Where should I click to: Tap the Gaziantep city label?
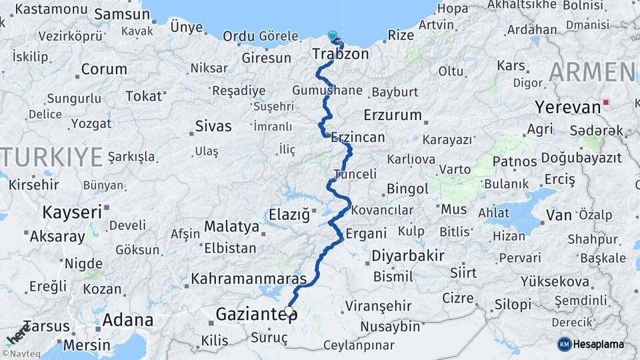tap(256, 314)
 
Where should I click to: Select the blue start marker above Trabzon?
tap(333, 35)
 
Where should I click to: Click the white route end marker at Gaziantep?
tap(289, 309)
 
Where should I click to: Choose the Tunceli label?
tap(355, 174)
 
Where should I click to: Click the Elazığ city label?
tap(289, 215)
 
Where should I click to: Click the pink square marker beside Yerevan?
tap(605, 103)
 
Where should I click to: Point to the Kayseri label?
tap(72, 213)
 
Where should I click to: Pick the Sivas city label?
tap(213, 126)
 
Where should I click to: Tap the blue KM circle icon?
tap(565, 344)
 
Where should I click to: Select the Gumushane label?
tap(327, 91)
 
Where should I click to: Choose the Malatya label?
tap(231, 227)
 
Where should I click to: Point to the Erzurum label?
tap(393, 115)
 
